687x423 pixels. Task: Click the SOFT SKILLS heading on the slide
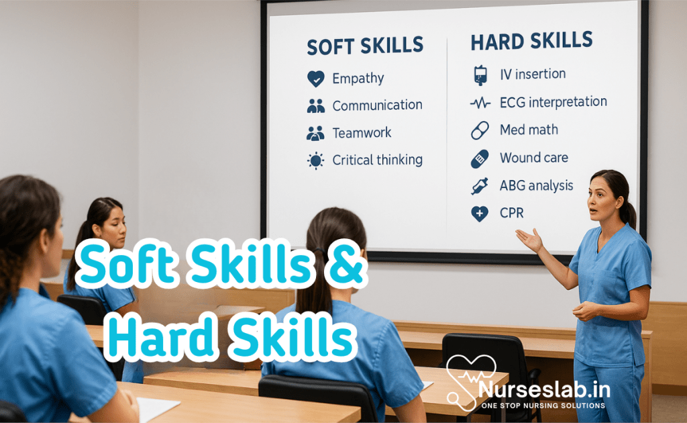pyautogui.click(x=365, y=46)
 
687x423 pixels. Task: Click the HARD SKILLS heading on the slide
pyautogui.click(x=531, y=42)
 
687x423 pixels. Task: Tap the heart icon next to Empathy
pyautogui.click(x=315, y=79)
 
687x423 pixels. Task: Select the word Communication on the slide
pyautogui.click(x=377, y=105)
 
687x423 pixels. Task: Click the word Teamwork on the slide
pyautogui.click(x=362, y=133)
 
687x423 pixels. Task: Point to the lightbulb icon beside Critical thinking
pyautogui.click(x=315, y=160)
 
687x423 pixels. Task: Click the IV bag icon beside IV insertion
pyautogui.click(x=480, y=75)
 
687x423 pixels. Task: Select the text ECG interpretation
pyautogui.click(x=553, y=103)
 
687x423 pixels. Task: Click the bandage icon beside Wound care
pyautogui.click(x=480, y=159)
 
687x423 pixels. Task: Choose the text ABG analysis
pyautogui.click(x=536, y=186)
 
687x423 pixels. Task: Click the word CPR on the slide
pyautogui.click(x=511, y=214)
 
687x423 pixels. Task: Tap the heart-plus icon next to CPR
pyautogui.click(x=480, y=214)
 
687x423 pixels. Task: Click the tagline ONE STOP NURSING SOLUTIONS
pyautogui.click(x=539, y=406)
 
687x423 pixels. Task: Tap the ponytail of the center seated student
pyautogui.click(x=316, y=282)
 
